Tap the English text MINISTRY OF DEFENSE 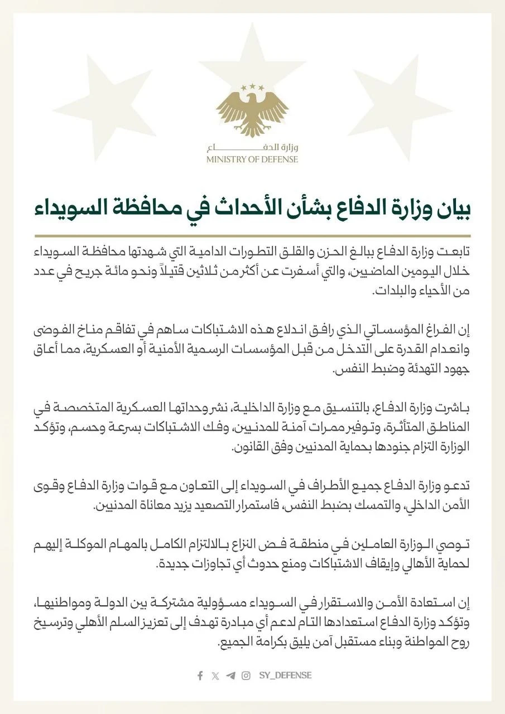point(252,160)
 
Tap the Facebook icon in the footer point(200,676)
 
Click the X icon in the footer point(215,676)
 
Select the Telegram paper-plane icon point(230,676)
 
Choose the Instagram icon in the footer point(246,676)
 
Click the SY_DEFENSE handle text point(285,676)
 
